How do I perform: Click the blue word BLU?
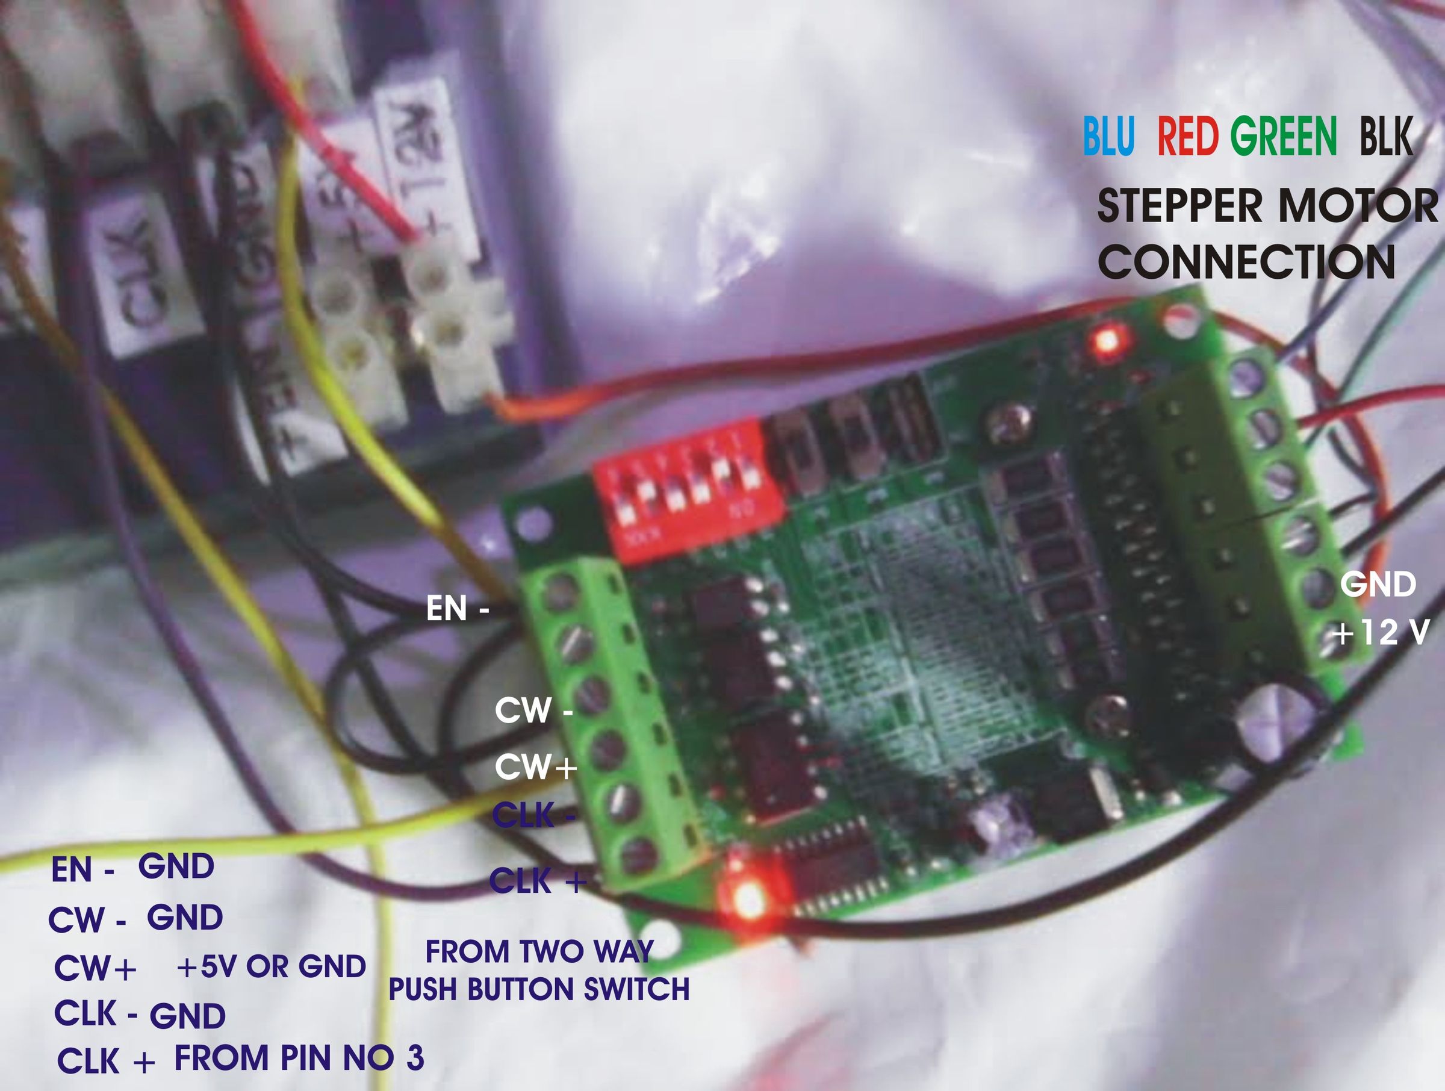(1108, 137)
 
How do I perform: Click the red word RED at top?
(1188, 137)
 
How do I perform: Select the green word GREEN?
(1284, 137)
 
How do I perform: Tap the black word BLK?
(1385, 137)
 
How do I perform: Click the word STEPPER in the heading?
(1179, 207)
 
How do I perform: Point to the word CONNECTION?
(1246, 262)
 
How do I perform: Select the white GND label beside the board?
(1378, 584)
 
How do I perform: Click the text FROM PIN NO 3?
(299, 1058)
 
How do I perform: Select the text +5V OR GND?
(271, 967)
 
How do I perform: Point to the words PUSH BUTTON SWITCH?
(539, 990)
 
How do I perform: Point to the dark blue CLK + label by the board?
(538, 881)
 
